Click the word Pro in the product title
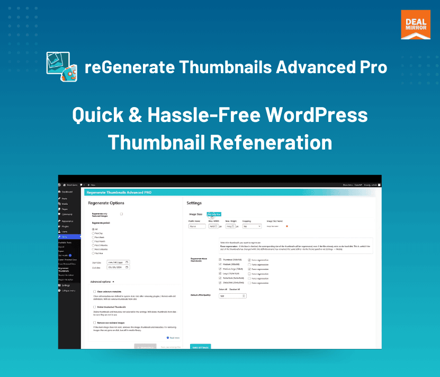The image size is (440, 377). coord(370,67)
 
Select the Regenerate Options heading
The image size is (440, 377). coord(106,203)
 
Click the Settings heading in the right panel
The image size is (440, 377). coord(194,203)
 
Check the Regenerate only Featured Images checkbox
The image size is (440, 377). coord(121,214)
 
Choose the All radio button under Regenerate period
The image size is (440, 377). coord(94,229)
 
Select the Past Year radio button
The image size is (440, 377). coord(94,253)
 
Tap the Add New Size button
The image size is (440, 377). coord(213,214)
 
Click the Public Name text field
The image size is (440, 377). coord(196,226)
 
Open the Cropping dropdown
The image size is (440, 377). coord(252,226)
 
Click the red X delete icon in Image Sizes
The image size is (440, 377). coord(287,226)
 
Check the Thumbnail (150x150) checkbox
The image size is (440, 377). coord(220,260)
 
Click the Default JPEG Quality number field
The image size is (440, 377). coord(229,296)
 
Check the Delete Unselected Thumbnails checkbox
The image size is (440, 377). coord(94,307)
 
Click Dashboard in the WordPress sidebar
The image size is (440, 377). coord(67,191)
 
